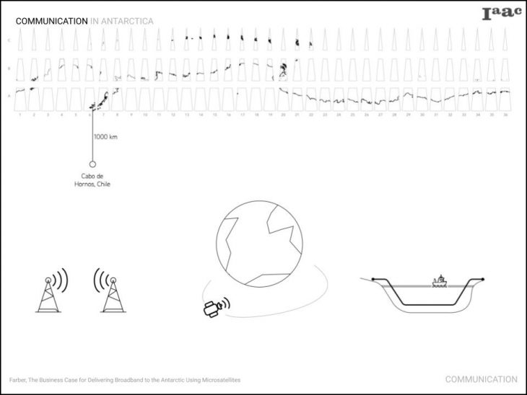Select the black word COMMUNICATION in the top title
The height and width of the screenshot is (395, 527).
(x=51, y=22)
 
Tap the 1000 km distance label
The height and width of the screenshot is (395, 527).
(x=105, y=137)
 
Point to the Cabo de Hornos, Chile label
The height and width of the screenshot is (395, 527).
(x=92, y=180)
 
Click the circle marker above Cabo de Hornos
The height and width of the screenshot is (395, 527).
(x=92, y=164)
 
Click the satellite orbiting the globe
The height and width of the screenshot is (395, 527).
(x=212, y=309)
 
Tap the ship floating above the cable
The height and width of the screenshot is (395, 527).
(x=440, y=281)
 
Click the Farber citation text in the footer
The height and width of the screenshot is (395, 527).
(x=125, y=379)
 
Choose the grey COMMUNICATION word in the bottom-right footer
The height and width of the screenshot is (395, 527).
(x=481, y=379)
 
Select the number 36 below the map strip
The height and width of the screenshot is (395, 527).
(x=505, y=115)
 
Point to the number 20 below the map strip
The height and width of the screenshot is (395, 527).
(x=283, y=115)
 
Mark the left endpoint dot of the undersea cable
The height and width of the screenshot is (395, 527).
(x=373, y=278)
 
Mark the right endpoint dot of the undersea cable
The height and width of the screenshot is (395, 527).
(x=482, y=278)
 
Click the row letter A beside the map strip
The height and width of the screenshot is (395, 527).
(x=9, y=95)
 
